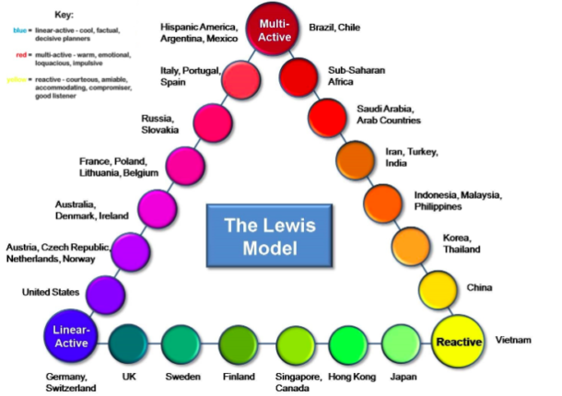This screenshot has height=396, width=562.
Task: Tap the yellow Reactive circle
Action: coord(458,341)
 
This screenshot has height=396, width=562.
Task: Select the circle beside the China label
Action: coord(439,290)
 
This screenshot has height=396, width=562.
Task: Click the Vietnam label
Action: coord(513,340)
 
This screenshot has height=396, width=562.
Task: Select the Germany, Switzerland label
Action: coord(70,382)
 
